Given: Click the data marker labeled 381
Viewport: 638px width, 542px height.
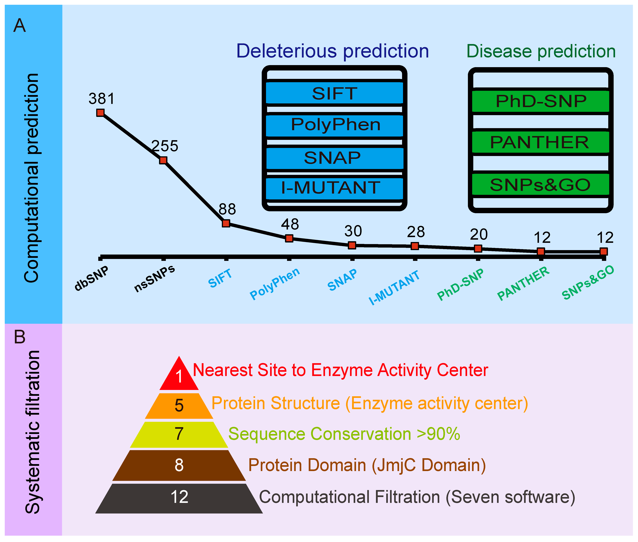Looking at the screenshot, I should click(100, 113).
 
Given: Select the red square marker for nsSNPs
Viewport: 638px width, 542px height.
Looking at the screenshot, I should click(163, 160).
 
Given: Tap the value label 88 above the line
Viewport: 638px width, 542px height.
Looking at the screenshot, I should click(227, 209).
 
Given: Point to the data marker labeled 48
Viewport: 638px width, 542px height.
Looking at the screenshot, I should click(289, 238).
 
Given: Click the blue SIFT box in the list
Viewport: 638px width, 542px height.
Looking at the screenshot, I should click(335, 93).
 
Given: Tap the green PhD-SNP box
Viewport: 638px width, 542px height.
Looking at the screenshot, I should click(540, 101).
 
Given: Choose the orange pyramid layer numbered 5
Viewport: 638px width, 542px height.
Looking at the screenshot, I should click(179, 406).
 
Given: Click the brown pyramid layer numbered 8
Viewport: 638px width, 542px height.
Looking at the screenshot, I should click(179, 465).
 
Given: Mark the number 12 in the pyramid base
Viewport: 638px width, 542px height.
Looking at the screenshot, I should click(179, 497).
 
